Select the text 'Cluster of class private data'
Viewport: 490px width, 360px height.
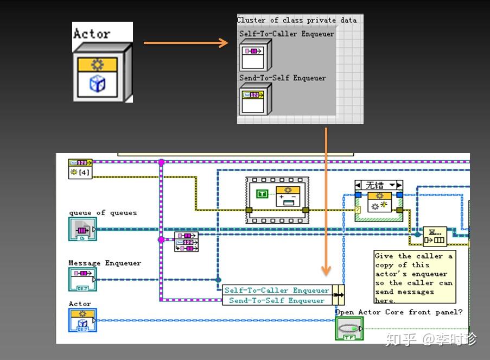tap(297, 20)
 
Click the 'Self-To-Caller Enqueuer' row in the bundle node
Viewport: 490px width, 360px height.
tap(277, 290)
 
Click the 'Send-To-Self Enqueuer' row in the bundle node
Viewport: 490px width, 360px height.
tap(277, 300)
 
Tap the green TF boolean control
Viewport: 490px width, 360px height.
tap(349, 329)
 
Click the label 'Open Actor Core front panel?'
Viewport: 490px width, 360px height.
tap(399, 312)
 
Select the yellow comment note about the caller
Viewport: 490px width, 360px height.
tap(413, 277)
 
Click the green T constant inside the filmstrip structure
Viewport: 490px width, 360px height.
tap(263, 194)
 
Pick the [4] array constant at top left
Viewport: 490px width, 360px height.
tap(80, 172)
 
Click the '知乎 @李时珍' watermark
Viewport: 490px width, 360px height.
tap(431, 340)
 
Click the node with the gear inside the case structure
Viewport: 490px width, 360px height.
tap(379, 202)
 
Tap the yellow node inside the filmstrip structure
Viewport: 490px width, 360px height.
tap(288, 196)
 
